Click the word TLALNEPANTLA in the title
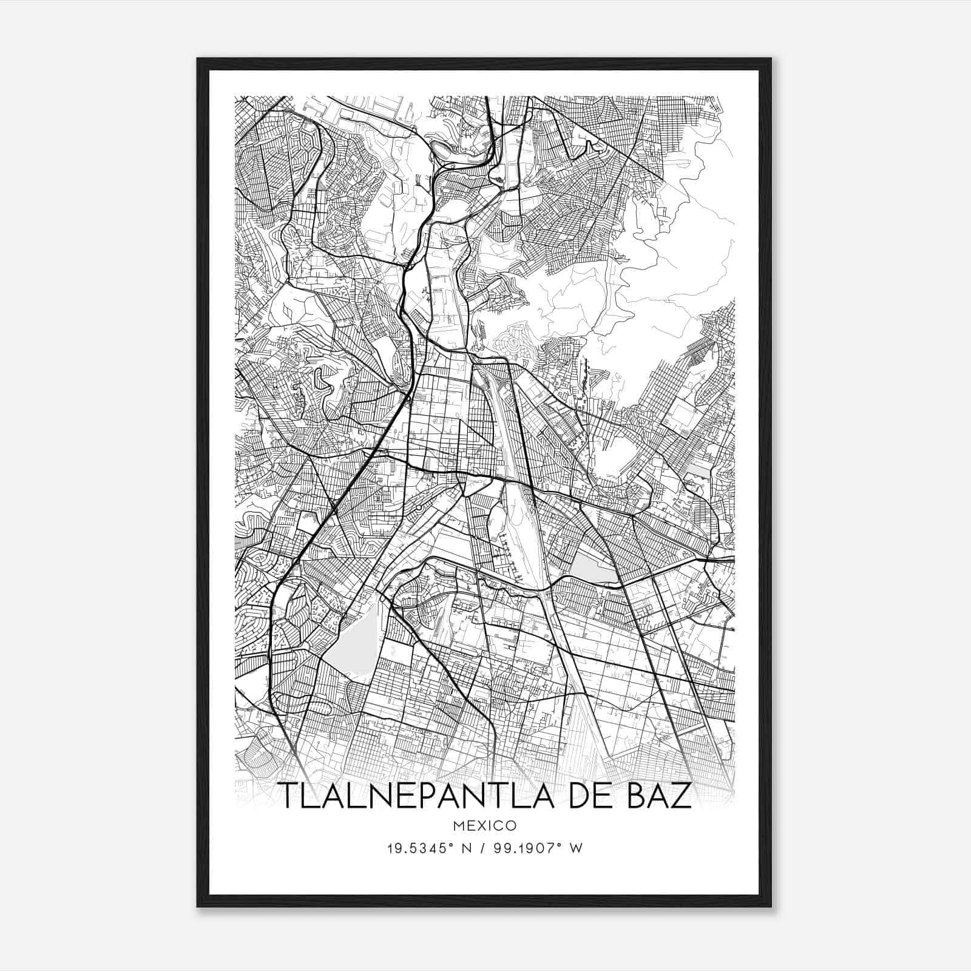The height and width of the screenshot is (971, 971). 419,797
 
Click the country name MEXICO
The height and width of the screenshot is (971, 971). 485,826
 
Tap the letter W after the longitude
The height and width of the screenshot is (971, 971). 577,848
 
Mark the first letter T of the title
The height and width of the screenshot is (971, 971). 287,797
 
